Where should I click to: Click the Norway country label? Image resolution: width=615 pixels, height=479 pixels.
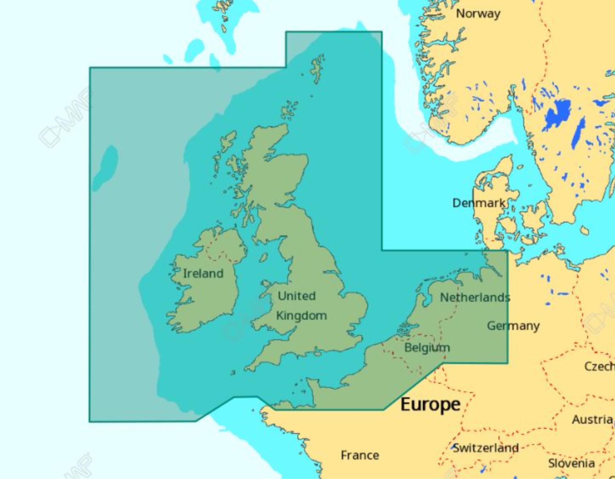(478, 14)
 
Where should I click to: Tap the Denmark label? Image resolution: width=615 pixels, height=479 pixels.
(479, 203)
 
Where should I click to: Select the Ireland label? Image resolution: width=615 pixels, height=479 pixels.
(203, 273)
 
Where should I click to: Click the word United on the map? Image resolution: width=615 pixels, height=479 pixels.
(297, 296)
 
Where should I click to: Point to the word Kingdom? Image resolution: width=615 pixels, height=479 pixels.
(301, 316)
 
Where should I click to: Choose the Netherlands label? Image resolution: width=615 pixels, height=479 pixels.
(475, 297)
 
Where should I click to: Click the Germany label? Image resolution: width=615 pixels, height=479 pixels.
(513, 326)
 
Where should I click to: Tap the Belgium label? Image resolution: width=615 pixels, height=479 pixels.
(427, 347)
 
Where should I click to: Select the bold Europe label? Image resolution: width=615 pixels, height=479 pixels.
(430, 404)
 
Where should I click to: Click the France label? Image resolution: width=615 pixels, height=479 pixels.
(360, 455)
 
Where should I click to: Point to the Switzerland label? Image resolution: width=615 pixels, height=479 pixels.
(486, 448)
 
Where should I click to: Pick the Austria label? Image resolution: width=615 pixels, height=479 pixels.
(592, 419)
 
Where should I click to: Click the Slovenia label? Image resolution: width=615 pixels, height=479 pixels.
(571, 463)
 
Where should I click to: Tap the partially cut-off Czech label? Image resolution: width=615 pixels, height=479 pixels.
(599, 366)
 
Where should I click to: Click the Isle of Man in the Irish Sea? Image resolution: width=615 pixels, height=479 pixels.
(264, 257)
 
